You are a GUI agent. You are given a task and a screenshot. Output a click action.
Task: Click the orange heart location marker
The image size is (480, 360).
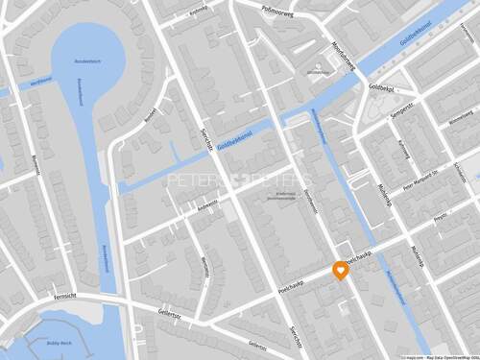[340, 270]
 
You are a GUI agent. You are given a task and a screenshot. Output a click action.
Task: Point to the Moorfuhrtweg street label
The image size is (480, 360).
[343, 60]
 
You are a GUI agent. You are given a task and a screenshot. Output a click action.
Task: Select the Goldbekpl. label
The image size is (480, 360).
[381, 87]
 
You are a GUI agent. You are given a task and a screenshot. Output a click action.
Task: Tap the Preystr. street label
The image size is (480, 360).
[442, 219]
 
